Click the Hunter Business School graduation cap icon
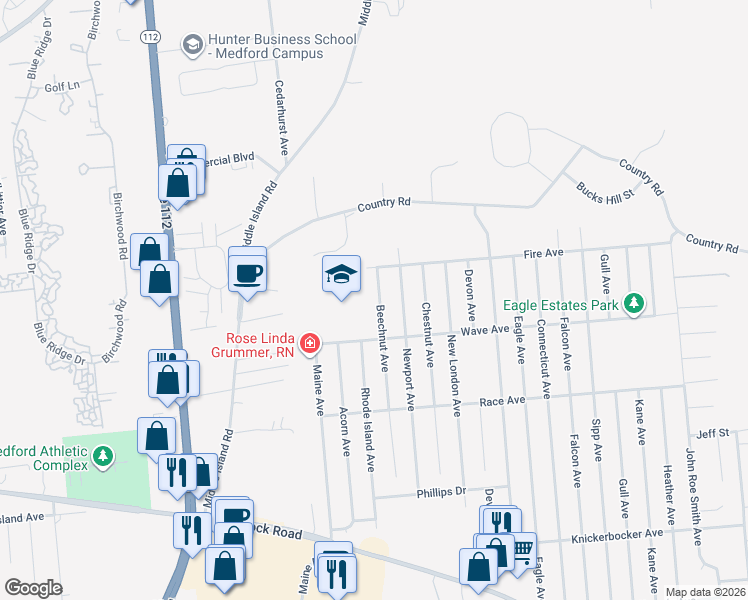[x=191, y=45]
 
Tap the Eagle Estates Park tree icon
[x=632, y=302]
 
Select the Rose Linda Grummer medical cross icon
[x=310, y=345]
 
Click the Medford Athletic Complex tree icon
[x=101, y=456]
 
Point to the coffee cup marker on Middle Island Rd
[x=247, y=270]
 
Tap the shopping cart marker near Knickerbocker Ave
[x=520, y=549]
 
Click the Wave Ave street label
[x=486, y=329]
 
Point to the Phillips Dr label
[x=441, y=492]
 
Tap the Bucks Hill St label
[x=605, y=187]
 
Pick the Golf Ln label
[x=61, y=87]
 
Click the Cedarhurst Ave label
[x=282, y=120]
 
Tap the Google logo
[x=33, y=588]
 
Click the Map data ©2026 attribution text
[x=704, y=592]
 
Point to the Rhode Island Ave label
[x=368, y=430]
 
